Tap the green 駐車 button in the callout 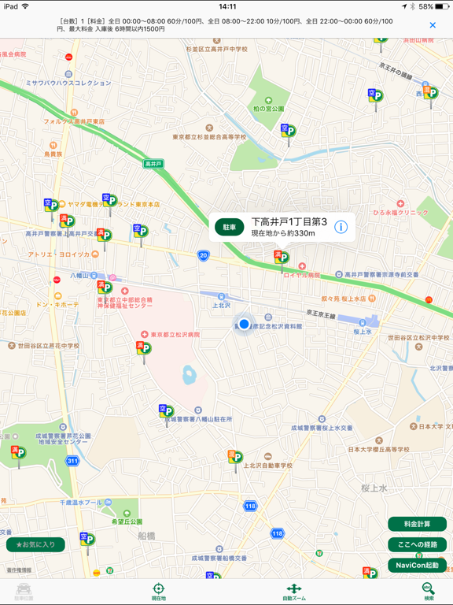click(230, 227)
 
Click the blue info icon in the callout click(341, 227)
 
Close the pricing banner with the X click(433, 25)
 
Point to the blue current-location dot click(245, 324)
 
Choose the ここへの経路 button click(417, 544)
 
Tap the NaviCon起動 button click(417, 565)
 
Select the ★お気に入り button click(35, 544)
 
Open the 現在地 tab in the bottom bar click(158, 592)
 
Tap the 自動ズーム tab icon click(293, 588)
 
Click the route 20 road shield click(204, 255)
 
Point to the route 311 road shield click(72, 460)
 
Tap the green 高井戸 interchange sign click(153, 164)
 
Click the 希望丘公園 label click(127, 521)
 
